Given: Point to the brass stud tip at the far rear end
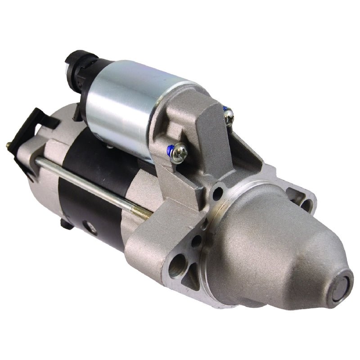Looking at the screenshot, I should (8, 145).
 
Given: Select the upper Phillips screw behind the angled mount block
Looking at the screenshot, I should (229, 116).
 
